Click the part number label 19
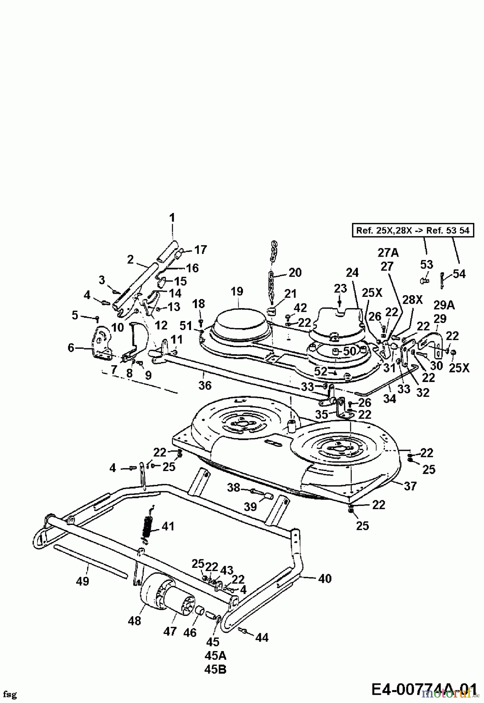237,291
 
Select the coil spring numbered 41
147,528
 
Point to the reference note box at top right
413,230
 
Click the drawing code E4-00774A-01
423,689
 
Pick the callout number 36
205,385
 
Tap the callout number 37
410,486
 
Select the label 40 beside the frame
325,578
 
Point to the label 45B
215,669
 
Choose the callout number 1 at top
172,218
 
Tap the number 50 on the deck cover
349,351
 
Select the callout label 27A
388,253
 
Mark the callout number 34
389,398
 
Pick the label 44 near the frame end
262,637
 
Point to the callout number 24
352,272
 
